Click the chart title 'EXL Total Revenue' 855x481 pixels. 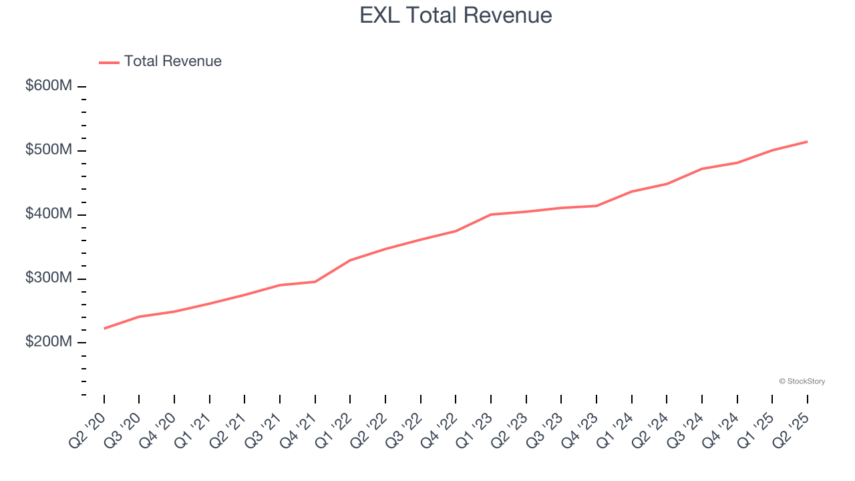456,15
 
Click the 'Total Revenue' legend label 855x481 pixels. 172,61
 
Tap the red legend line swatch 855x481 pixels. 109,62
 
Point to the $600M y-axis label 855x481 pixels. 49,86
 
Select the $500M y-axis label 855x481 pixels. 49,150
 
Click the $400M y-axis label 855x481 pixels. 49,214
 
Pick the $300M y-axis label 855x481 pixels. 49,279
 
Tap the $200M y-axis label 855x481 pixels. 49,342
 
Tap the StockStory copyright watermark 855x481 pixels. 802,381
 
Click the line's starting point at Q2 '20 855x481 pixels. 104,329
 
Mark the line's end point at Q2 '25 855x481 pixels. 808,142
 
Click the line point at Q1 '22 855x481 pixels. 350,261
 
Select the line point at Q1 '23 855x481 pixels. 491,214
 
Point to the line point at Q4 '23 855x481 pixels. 596,206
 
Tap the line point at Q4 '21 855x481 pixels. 315,282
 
